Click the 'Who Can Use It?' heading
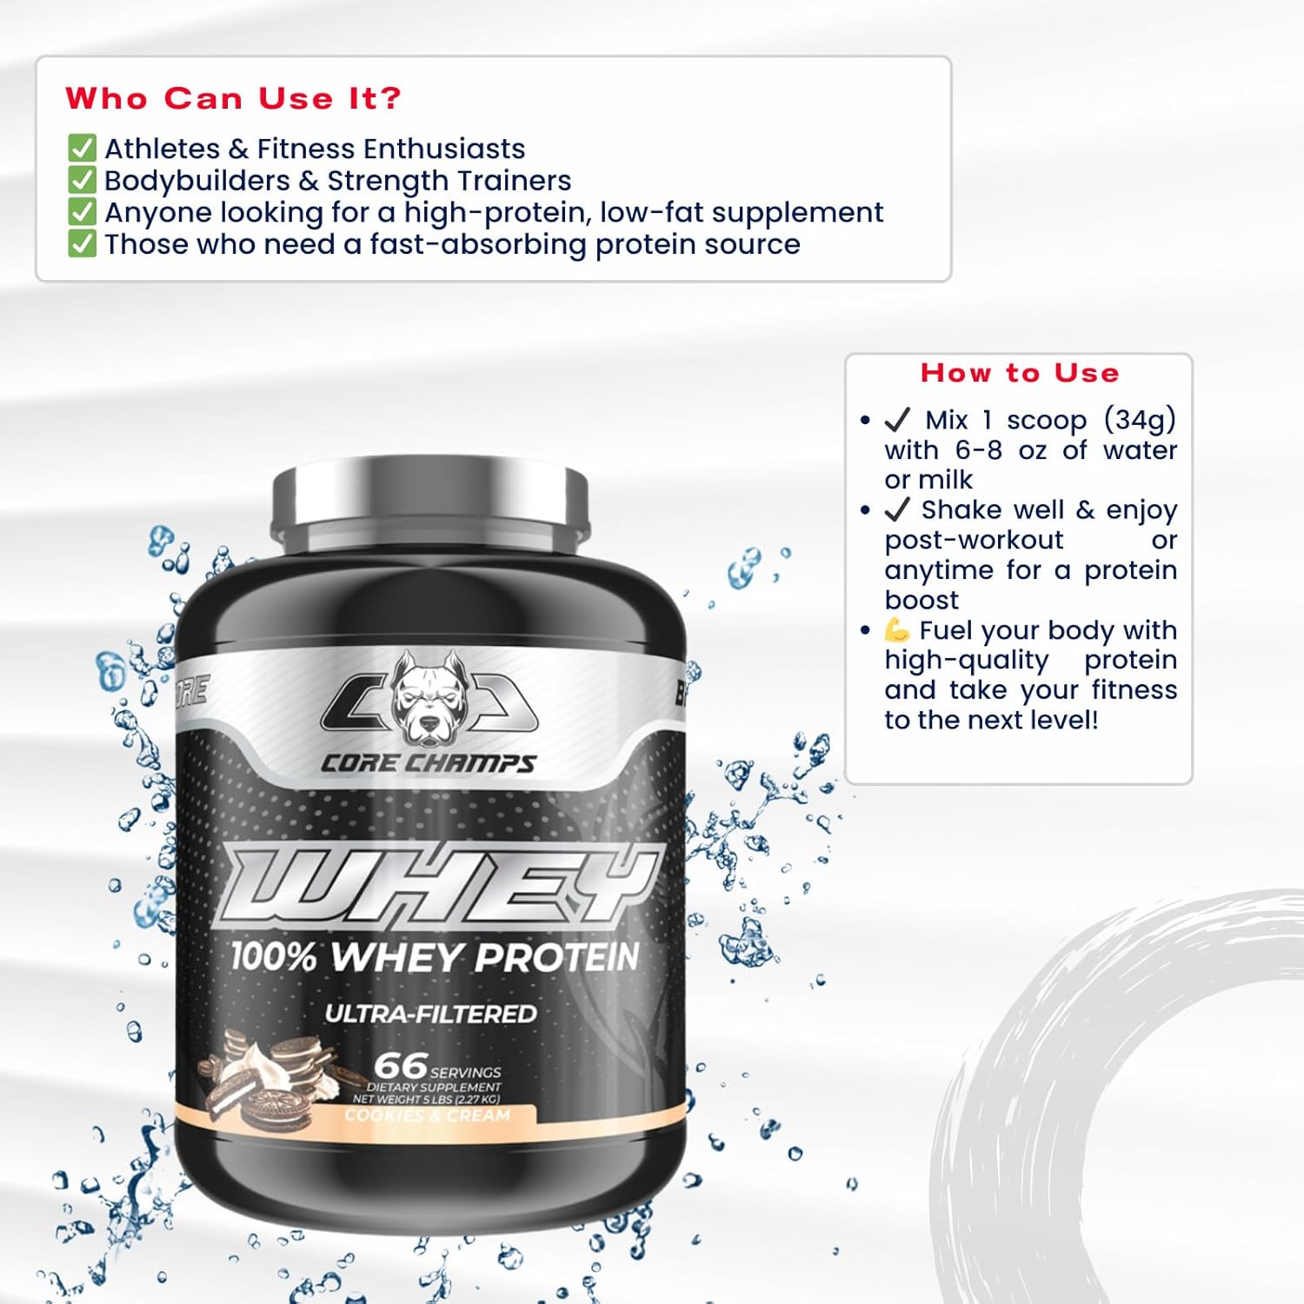point(233,98)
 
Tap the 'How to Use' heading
point(1020,373)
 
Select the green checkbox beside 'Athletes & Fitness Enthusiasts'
point(82,148)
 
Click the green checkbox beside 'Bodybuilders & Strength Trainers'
point(82,180)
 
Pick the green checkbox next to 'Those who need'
point(82,243)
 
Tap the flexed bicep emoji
point(897,629)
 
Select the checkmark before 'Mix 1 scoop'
point(897,420)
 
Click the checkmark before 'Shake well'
point(897,509)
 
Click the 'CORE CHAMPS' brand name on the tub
point(429,763)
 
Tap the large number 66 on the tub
point(401,1066)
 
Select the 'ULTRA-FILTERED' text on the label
point(430,1014)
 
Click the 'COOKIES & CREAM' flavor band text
point(427,1115)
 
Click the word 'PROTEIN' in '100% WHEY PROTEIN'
point(557,957)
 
